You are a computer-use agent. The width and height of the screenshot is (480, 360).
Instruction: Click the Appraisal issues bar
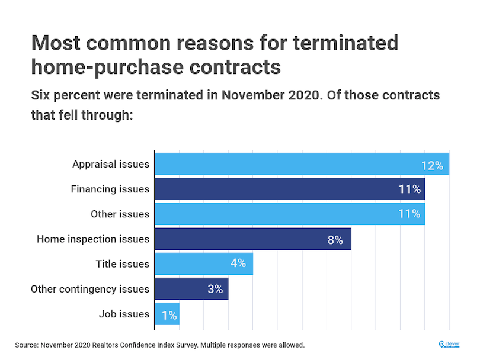coord(284,163)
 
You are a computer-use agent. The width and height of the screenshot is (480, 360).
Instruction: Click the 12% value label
coord(432,165)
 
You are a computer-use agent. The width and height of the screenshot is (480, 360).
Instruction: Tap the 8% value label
coord(335,240)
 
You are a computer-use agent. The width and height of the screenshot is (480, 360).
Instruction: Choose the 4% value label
coord(238,263)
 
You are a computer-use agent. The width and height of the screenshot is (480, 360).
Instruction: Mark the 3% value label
coord(215,290)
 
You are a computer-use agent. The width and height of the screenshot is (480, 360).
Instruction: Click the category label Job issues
coord(123,314)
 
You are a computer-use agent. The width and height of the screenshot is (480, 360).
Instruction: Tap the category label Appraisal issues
coord(111,164)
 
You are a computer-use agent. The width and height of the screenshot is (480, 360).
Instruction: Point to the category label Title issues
coord(122,264)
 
